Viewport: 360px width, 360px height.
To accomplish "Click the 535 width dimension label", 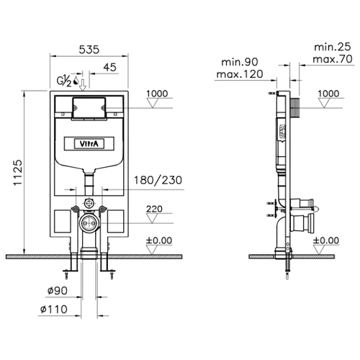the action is (x=89, y=50).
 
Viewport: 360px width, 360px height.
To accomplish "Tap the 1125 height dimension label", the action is (x=18, y=172).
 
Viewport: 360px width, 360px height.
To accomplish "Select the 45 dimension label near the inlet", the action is (x=110, y=67).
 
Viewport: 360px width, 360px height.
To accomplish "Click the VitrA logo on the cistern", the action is (x=89, y=144).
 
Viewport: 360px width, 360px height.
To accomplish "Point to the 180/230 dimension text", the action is (x=158, y=180).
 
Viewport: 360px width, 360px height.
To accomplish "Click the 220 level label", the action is (x=154, y=209).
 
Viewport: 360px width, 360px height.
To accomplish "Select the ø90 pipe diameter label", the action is (x=58, y=291).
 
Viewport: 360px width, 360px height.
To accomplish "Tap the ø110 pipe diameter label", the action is (x=54, y=309).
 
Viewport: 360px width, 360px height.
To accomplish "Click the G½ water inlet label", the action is (x=64, y=81).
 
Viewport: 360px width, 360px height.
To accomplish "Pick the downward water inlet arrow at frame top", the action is (x=83, y=85).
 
